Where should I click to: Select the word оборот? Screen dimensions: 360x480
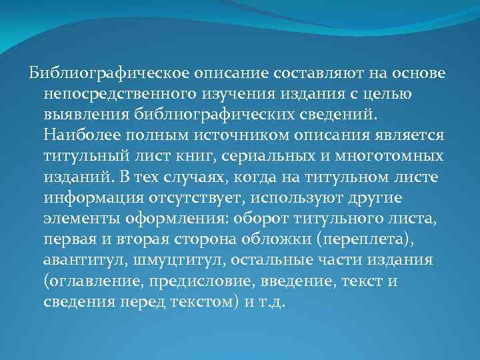260,218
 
